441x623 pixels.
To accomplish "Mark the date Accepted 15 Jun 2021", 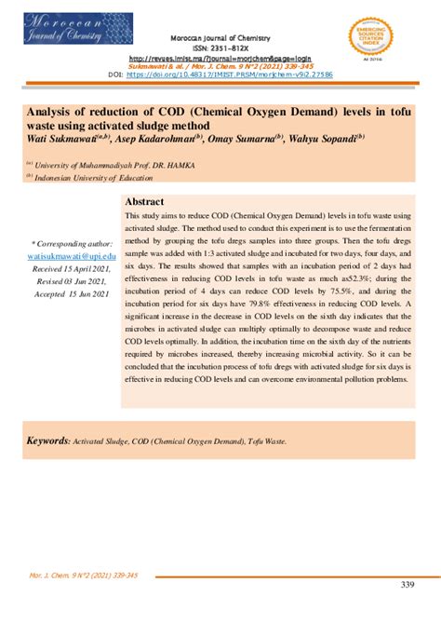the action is click(x=71, y=294).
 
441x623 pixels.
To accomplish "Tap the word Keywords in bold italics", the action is click(x=47, y=440).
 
